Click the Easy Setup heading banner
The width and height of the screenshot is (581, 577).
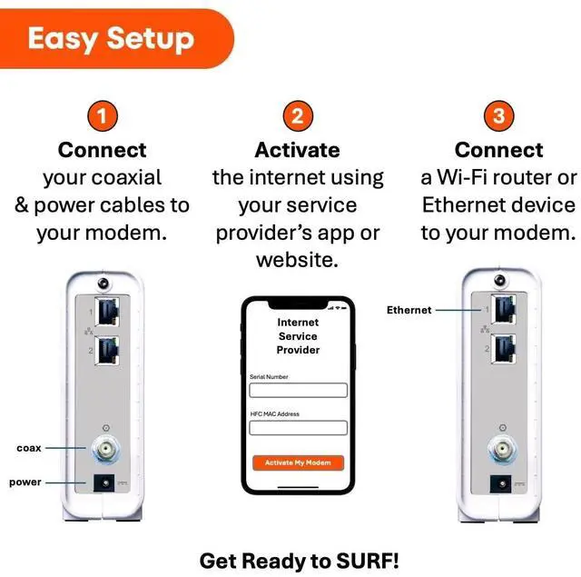pos(111,39)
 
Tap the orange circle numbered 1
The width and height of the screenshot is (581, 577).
pos(103,116)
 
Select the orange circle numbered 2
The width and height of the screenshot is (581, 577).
pos(297,116)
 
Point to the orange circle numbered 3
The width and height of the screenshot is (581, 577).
pos(498,116)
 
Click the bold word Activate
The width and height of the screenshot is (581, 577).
pos(297,149)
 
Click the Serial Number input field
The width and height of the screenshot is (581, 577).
pos(298,390)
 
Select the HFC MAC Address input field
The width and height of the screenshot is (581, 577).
pos(298,428)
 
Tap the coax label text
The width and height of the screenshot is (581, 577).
pos(29,448)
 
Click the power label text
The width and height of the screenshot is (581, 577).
pos(25,482)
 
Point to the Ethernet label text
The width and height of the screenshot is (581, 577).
pos(409,310)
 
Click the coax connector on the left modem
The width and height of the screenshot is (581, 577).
pos(107,448)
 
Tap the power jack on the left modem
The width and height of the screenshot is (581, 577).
pos(107,482)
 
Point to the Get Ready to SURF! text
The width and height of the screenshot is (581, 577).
pos(299,559)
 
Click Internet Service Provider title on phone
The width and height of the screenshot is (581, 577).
pos(298,336)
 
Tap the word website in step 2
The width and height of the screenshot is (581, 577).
pos(297,261)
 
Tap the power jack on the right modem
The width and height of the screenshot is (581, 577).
pos(498,482)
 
